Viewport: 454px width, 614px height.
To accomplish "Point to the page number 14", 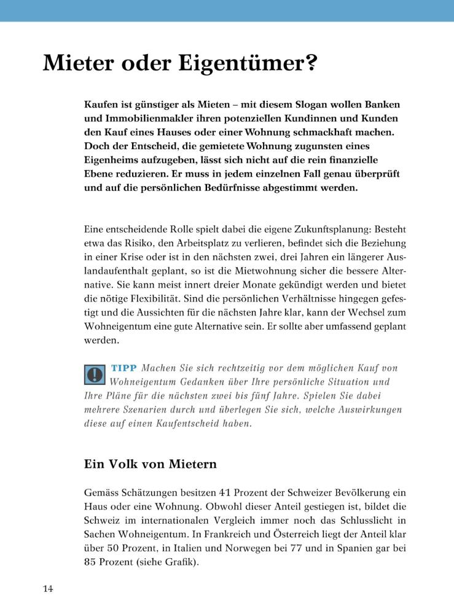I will point(48,589).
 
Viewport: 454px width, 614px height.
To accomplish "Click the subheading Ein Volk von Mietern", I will point(150,464).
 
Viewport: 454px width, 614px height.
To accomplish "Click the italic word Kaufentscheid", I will point(211,424).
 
